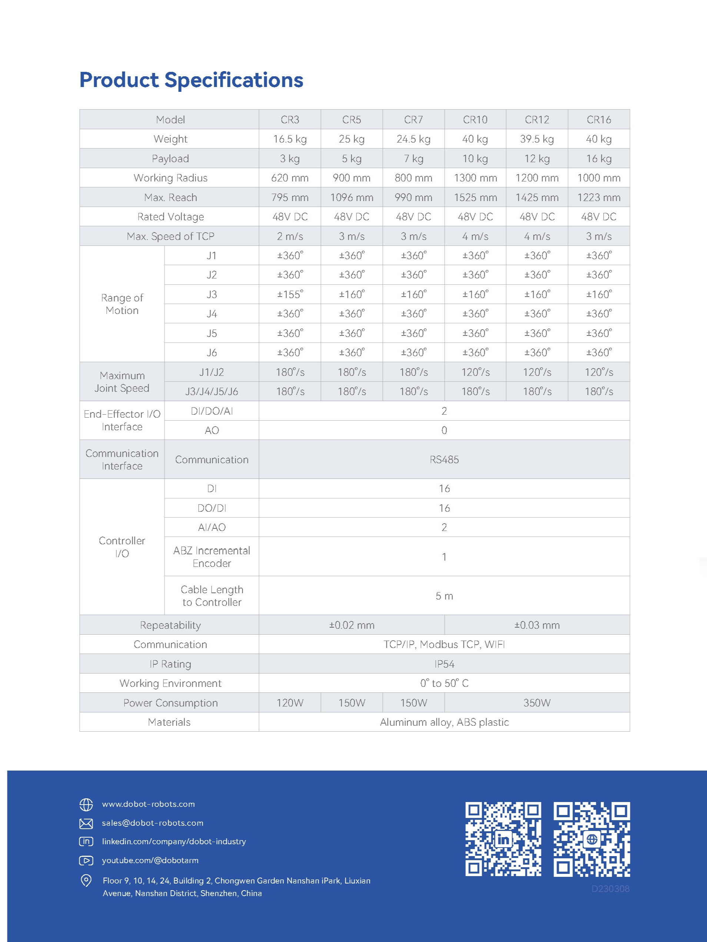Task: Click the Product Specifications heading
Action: click(x=191, y=80)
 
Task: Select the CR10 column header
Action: click(x=475, y=120)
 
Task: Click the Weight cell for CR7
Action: click(x=414, y=139)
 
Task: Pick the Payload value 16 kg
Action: click(x=599, y=159)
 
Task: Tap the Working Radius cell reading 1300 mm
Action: click(x=475, y=178)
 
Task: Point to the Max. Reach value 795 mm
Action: click(x=290, y=198)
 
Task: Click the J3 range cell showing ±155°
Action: click(x=290, y=294)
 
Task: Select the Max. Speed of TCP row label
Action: click(x=170, y=236)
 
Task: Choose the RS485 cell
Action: click(x=444, y=460)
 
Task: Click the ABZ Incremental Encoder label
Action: click(x=212, y=557)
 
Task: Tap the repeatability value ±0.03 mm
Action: click(x=537, y=625)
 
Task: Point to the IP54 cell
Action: click(x=444, y=664)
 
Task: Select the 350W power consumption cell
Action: click(x=537, y=703)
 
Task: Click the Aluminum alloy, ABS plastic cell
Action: click(x=444, y=722)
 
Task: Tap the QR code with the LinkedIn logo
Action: click(x=503, y=839)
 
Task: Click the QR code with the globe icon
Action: click(x=591, y=839)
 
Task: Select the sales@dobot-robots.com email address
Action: click(x=153, y=823)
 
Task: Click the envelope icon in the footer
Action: click(x=86, y=824)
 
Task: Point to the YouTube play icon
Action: click(x=86, y=861)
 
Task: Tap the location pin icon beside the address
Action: click(x=86, y=880)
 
